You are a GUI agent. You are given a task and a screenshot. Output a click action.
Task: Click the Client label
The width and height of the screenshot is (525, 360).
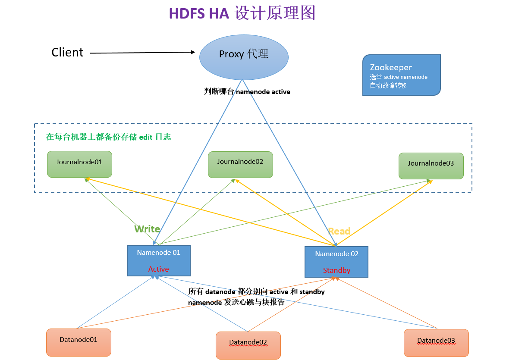click(67, 53)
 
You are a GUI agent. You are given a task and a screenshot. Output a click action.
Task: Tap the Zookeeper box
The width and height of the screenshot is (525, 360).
click(401, 75)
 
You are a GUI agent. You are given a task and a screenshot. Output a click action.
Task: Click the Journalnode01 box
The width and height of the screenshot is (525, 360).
click(79, 164)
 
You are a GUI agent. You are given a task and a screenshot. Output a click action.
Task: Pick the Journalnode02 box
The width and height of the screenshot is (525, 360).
click(240, 165)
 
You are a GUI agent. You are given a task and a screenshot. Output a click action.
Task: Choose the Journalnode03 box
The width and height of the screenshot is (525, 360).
click(431, 166)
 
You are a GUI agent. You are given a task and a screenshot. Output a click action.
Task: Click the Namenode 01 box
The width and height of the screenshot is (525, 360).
click(159, 260)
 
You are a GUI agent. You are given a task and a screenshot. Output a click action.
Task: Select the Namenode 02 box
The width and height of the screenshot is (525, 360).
click(336, 262)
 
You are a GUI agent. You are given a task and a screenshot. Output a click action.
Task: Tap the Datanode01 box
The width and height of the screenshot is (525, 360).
click(79, 343)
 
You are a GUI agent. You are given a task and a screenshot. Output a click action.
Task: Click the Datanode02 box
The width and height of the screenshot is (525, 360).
click(248, 345)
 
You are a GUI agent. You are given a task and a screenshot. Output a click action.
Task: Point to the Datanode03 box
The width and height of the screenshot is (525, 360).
click(436, 343)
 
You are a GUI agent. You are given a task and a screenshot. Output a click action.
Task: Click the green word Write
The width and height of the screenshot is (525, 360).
click(147, 229)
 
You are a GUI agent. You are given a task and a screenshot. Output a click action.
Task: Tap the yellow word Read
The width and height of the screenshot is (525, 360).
click(339, 231)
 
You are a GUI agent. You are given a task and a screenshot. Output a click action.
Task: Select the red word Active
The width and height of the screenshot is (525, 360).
click(159, 269)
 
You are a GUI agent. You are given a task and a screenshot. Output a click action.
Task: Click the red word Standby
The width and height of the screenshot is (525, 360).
click(336, 270)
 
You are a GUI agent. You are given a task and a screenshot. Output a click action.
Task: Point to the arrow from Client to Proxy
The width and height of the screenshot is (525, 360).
click(142, 53)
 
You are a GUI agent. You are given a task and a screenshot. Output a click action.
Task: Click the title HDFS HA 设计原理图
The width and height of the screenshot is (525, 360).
click(242, 13)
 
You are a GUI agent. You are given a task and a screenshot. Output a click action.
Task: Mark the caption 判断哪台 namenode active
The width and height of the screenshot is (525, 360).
click(247, 91)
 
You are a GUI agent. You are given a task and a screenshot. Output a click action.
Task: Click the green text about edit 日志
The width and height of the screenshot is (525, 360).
click(108, 137)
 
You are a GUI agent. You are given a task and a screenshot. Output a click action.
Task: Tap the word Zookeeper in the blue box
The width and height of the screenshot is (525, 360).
click(391, 67)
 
